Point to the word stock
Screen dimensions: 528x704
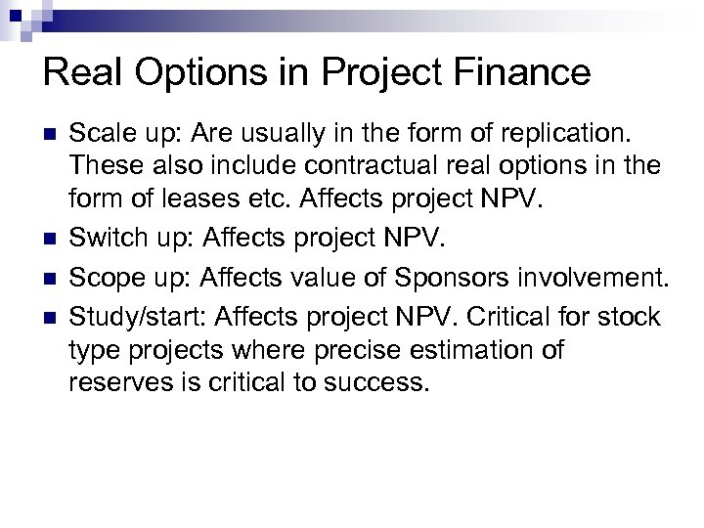point(632,318)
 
